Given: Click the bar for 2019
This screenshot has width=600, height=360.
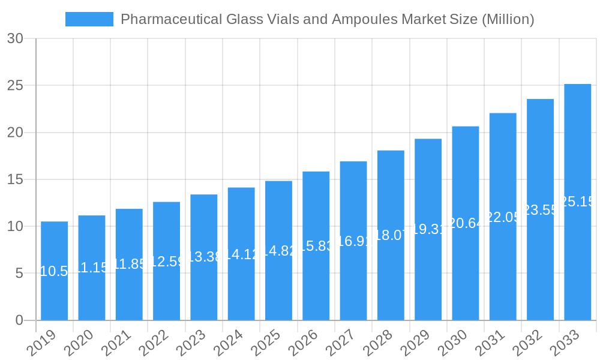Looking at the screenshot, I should [x=54, y=271].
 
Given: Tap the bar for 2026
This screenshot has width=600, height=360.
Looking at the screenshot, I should [x=316, y=246].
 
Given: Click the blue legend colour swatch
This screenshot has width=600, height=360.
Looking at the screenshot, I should [x=89, y=19].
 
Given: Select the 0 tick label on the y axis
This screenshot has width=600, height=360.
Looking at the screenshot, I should [x=19, y=320].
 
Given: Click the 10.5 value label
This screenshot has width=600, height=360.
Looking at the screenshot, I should [x=54, y=271].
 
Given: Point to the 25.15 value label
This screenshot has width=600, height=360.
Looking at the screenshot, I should [x=577, y=202].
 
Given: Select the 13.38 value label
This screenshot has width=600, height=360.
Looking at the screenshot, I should [x=203, y=257].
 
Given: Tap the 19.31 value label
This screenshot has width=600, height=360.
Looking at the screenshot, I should [x=428, y=230].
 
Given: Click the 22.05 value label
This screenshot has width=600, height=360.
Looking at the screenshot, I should [x=503, y=217].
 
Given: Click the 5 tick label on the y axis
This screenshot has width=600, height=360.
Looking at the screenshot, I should [x=19, y=274].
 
